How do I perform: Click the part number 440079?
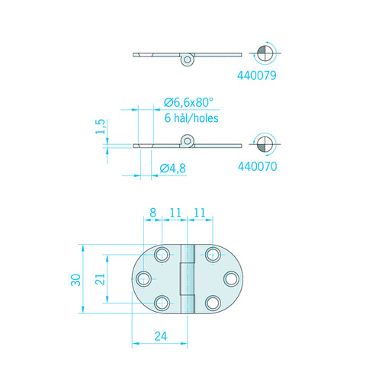[257, 75]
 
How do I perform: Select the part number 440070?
[257, 166]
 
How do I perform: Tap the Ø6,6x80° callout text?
[188, 102]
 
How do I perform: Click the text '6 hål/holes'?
[191, 118]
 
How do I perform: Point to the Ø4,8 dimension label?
[173, 168]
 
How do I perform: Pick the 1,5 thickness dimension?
[100, 127]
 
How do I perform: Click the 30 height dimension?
[75, 280]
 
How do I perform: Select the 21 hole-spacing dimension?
[100, 279]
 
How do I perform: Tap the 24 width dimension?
[161, 336]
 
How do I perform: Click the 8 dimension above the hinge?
[152, 213]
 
